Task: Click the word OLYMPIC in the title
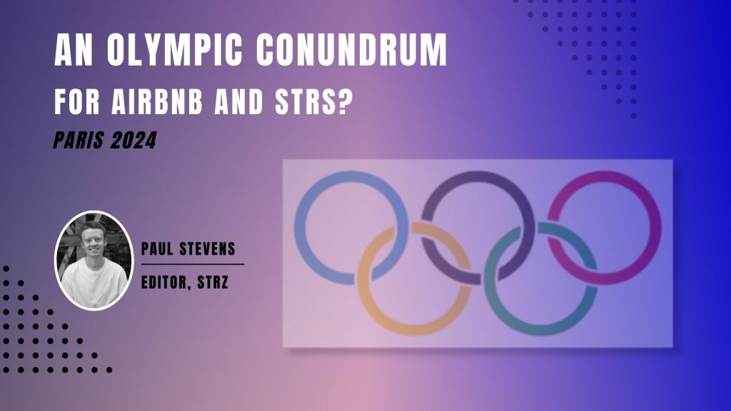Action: (171, 51)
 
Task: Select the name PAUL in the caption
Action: (158, 250)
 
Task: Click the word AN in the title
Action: (74, 51)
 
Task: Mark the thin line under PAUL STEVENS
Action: (193, 264)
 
